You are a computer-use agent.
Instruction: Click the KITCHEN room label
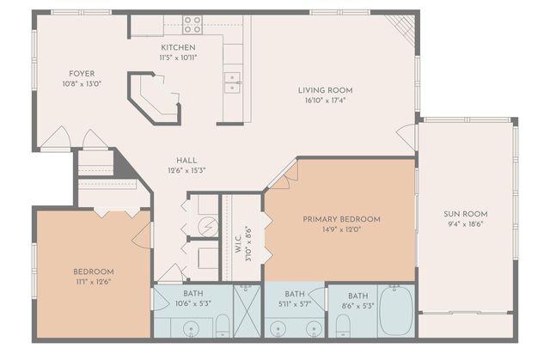click(x=178, y=47)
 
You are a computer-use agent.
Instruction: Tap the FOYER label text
click(x=82, y=74)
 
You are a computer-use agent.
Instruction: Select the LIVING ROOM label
click(x=325, y=90)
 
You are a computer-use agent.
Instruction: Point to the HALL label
click(x=186, y=161)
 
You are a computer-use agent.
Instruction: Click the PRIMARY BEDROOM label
click(x=341, y=219)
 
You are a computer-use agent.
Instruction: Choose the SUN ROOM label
click(x=467, y=214)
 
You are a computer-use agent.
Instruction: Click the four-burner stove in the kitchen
click(x=192, y=25)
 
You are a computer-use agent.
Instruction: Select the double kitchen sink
click(x=232, y=82)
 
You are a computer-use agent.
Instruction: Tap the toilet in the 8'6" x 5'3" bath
click(x=343, y=324)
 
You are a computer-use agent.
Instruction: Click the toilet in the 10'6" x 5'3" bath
click(x=222, y=324)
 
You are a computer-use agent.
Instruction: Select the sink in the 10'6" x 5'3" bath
click(x=189, y=327)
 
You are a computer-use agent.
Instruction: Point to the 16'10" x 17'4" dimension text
click(x=325, y=101)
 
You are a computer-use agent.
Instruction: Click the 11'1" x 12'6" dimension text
click(x=93, y=281)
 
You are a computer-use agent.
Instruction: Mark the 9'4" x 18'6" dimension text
click(x=467, y=224)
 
